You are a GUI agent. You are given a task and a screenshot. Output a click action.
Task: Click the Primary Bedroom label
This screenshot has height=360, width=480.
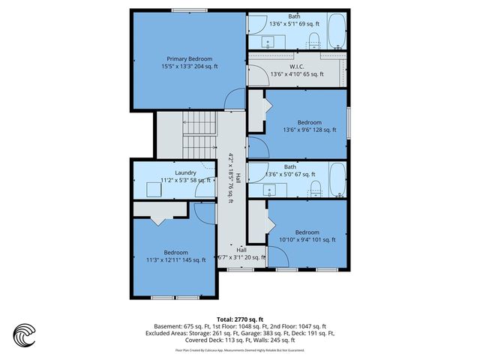pyautogui.click(x=189, y=58)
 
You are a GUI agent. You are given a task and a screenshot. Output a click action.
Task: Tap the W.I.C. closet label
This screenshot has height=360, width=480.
pyautogui.click(x=296, y=66)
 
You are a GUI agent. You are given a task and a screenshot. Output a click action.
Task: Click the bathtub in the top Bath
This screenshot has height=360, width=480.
pyautogui.click(x=336, y=34)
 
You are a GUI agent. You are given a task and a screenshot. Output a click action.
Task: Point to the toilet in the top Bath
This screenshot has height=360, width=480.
pyautogui.click(x=315, y=39)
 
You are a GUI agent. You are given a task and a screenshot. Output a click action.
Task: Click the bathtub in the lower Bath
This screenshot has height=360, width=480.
pyautogui.click(x=336, y=180)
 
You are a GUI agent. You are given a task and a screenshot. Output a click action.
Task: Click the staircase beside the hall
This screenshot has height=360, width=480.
pyautogui.click(x=200, y=132)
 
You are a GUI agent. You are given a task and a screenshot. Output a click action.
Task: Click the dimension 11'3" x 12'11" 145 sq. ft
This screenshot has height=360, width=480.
pyautogui.click(x=176, y=260)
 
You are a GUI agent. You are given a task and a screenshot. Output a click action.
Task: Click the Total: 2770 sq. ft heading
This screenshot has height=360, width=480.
pyautogui.click(x=240, y=319)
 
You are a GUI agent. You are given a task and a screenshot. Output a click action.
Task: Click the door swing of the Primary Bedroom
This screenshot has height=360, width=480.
pyautogui.click(x=235, y=98)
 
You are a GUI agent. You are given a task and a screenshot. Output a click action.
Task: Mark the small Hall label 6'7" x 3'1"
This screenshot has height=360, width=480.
pyautogui.click(x=241, y=257)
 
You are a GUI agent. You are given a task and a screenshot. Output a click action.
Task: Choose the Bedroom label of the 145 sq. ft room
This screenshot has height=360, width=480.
pyautogui.click(x=176, y=252)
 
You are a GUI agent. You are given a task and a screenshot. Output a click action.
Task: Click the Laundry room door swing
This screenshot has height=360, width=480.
pyautogui.click(x=202, y=190)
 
